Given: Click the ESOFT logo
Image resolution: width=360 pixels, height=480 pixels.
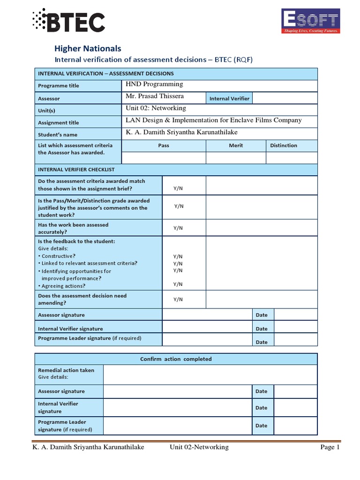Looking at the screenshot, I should (x=310, y=22).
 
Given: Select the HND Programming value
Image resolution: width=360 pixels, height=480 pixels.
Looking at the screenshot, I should (x=154, y=84).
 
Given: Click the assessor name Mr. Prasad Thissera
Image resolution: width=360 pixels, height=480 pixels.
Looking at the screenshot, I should (x=155, y=96).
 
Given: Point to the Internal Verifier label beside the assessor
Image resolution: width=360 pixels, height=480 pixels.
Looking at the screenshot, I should (x=229, y=98).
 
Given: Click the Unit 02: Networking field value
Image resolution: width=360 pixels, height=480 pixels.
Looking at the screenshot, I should (x=156, y=108).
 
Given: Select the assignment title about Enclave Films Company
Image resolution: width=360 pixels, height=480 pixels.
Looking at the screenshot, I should (x=214, y=120).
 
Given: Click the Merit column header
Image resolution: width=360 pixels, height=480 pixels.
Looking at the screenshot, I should (x=236, y=145).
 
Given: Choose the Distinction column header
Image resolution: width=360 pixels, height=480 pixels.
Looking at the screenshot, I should (x=284, y=145).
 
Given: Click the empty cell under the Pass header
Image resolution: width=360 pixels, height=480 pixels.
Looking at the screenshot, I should (x=163, y=158).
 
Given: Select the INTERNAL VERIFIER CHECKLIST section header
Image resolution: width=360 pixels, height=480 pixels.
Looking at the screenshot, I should (x=76, y=169).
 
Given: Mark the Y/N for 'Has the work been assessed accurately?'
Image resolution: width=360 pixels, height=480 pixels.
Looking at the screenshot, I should (x=178, y=228).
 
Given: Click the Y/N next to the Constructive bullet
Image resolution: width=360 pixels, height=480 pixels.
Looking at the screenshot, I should (x=178, y=256).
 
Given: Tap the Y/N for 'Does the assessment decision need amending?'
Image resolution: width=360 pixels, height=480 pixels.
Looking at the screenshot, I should (x=178, y=299).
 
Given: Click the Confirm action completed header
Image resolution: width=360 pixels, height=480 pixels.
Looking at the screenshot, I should (x=176, y=359).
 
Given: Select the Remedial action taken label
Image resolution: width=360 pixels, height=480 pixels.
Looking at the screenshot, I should (x=66, y=370).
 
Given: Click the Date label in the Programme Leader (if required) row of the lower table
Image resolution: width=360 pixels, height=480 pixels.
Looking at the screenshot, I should (x=261, y=426).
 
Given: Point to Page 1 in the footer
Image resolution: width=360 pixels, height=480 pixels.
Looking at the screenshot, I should (x=330, y=447).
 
